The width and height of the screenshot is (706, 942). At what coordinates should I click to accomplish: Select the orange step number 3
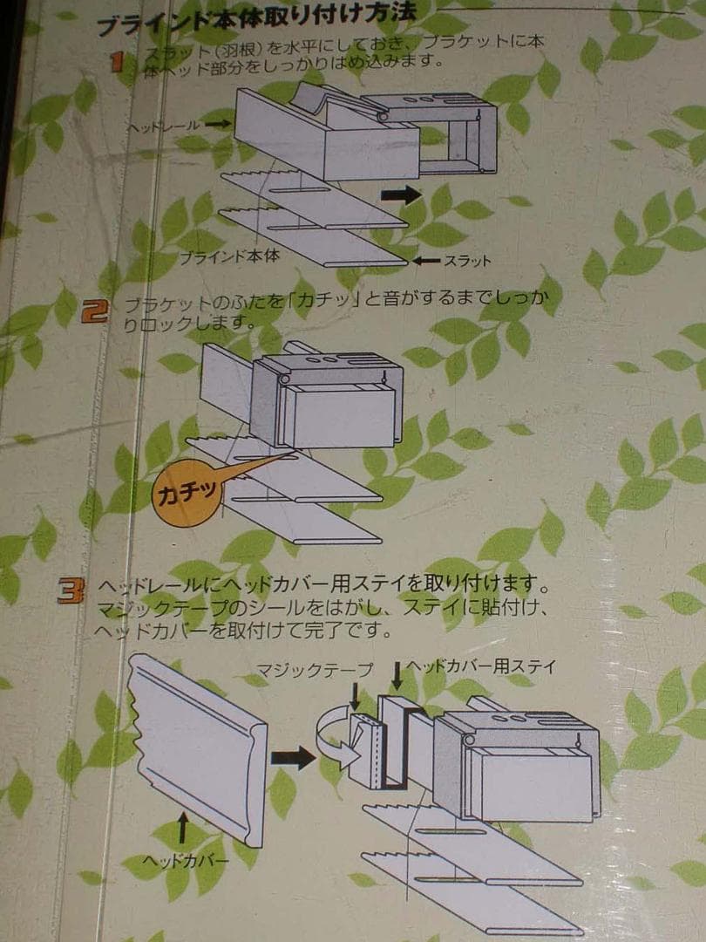click(x=70, y=591)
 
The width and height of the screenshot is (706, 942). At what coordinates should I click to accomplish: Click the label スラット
click(x=467, y=260)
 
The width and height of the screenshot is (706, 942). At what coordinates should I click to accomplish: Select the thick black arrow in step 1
click(x=400, y=195)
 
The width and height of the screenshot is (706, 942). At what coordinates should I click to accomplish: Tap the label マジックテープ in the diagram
click(x=315, y=670)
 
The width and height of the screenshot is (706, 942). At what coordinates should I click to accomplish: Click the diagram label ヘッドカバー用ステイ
click(x=479, y=666)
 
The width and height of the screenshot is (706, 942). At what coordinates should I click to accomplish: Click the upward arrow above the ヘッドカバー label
click(x=183, y=828)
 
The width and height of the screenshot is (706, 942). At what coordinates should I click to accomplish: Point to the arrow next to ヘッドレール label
click(x=219, y=126)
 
